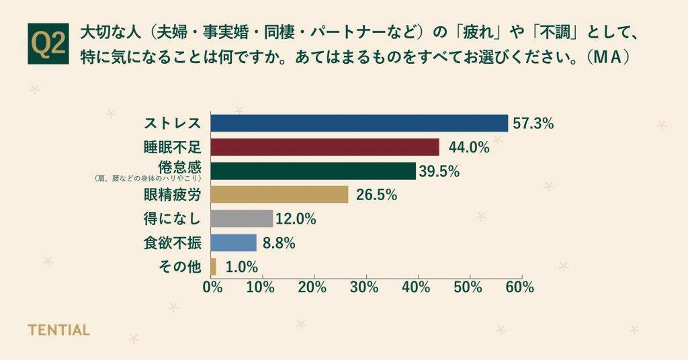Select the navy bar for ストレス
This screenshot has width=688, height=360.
pos(359,123)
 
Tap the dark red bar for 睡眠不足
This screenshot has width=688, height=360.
pos(325,147)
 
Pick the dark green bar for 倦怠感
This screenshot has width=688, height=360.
pos(313,171)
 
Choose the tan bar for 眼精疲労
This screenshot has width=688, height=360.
pos(279,195)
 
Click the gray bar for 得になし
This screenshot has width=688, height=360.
pos(242,219)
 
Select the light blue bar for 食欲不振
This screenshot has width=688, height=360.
pos(234,242)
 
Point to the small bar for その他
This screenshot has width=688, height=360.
pos(214,267)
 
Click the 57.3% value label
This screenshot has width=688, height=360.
pos(533,123)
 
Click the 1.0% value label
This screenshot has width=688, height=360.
pos(242,267)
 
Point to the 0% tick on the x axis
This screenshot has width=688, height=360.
pos(212,287)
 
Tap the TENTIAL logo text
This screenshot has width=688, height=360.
pos(58,330)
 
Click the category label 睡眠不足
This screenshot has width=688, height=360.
pos(172,147)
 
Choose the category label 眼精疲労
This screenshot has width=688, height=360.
pos(172,195)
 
